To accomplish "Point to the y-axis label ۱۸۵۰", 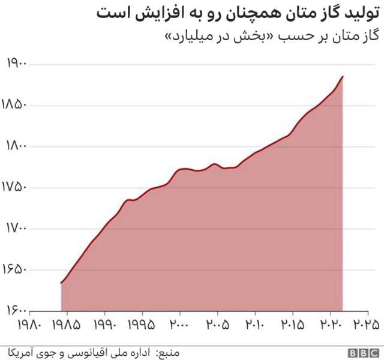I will pyautogui.click(x=16, y=105).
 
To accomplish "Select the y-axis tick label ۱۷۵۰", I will pyautogui.click(x=16, y=187).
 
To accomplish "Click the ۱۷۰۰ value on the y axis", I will pyautogui.click(x=16, y=229).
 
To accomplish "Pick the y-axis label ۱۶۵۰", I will pyautogui.click(x=16, y=269).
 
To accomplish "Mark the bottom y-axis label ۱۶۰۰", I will pyautogui.click(x=16, y=310).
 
